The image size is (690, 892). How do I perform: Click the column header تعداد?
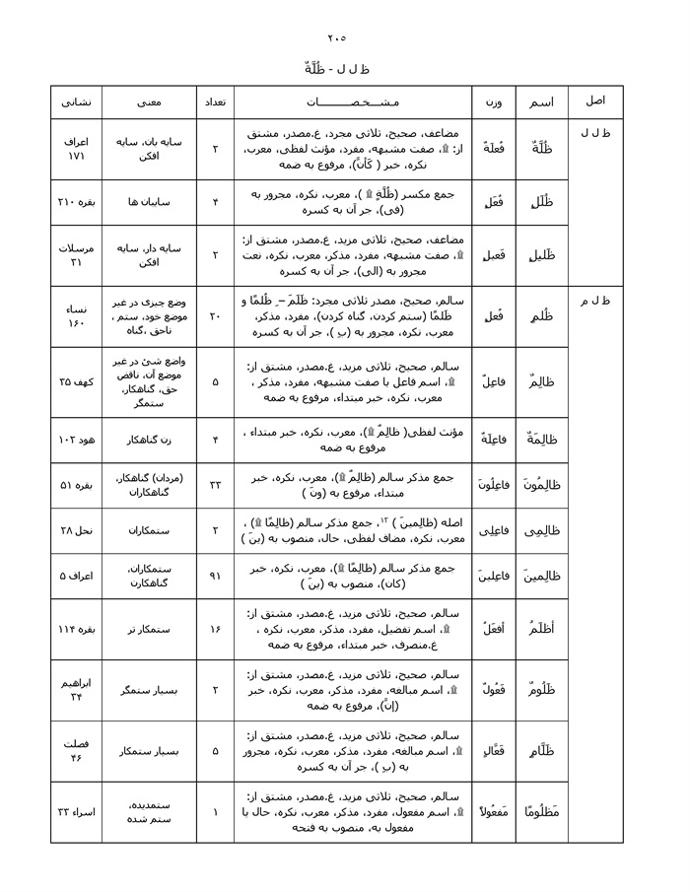click(215, 102)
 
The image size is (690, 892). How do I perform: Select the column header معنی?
click(149, 102)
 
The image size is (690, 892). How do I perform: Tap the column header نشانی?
click(76, 102)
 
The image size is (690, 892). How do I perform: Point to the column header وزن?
click(492, 102)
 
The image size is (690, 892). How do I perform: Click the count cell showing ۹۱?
click(215, 575)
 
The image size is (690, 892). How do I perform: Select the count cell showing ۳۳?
click(215, 484)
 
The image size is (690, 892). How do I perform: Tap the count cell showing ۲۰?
click(215, 316)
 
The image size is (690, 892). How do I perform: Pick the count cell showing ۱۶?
click(215, 629)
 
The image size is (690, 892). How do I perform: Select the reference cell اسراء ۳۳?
click(76, 811)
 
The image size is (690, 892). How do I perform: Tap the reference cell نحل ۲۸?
click(76, 529)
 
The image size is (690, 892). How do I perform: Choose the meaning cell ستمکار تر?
click(149, 629)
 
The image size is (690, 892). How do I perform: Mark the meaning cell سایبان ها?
click(149, 202)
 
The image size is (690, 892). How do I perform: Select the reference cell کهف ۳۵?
click(76, 379)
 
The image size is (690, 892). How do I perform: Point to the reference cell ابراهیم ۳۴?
click(76, 689)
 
